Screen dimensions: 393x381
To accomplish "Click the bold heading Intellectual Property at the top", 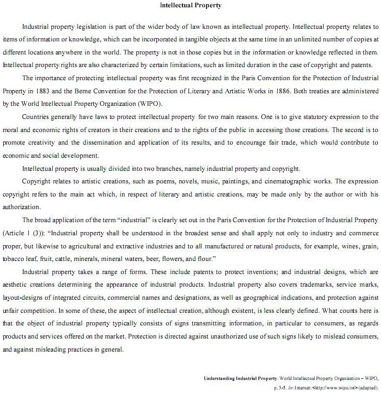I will pos(190,6).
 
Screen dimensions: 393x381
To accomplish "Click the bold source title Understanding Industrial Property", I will pos(241,378).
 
